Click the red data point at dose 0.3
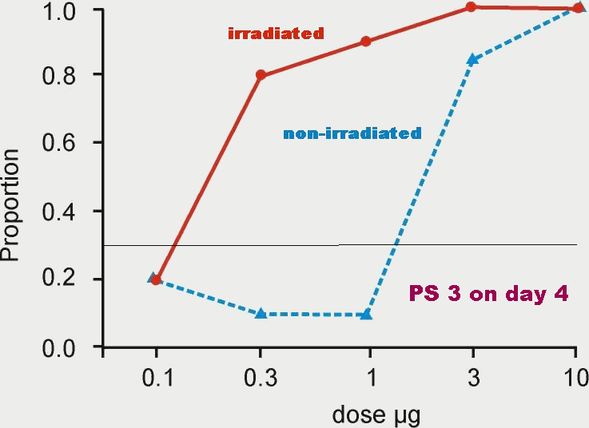(x=261, y=75)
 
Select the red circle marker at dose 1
(x=366, y=42)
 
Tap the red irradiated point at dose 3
(x=472, y=7)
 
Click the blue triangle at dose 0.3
(x=261, y=314)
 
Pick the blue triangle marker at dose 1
(x=366, y=315)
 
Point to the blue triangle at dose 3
(x=472, y=60)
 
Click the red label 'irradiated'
(x=276, y=34)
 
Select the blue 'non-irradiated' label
(x=352, y=133)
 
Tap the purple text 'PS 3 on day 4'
(x=488, y=294)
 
